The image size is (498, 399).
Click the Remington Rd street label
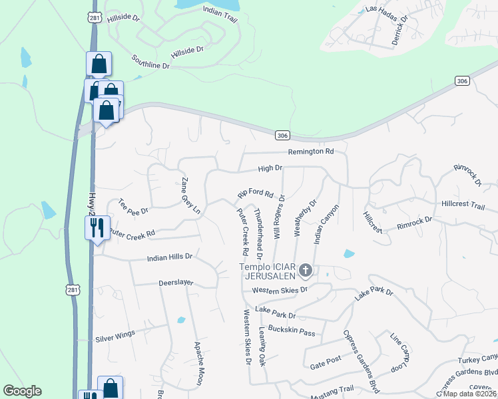tap(310, 152)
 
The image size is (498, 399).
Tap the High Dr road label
tap(270, 169)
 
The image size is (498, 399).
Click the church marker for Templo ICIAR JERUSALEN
tap(306, 269)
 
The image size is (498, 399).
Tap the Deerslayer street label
tap(176, 283)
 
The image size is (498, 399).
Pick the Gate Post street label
tap(326, 365)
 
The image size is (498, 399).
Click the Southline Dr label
tap(150, 62)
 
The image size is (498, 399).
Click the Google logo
tap(22, 391)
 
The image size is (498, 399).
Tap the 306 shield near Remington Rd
tap(282, 135)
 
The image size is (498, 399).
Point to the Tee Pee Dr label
tap(132, 207)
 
